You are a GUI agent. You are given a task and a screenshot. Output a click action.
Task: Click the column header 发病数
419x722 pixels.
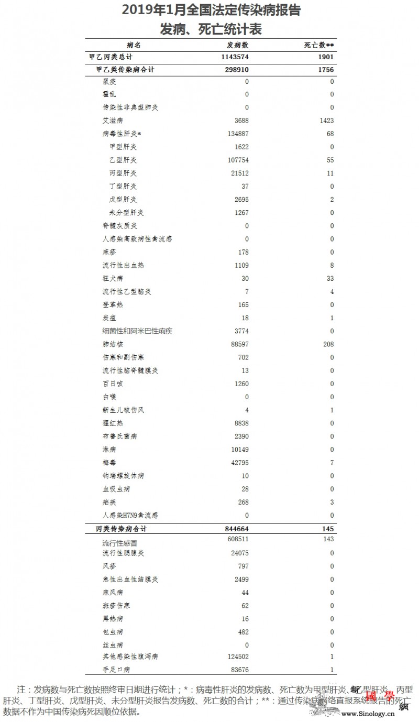(238, 46)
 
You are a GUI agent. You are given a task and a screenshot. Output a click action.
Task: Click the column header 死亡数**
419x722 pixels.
(319, 46)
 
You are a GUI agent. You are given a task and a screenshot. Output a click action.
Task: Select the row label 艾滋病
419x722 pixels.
(113, 121)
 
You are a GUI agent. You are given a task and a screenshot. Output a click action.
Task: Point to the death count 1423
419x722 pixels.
(325, 121)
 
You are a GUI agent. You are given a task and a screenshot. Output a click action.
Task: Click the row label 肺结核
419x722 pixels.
(113, 344)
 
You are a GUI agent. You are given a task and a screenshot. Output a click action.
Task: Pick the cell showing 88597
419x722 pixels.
(238, 344)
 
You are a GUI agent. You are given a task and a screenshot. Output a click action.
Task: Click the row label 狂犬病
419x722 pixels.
(113, 278)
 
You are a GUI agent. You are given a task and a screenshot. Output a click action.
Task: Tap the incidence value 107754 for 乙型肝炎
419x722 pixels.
(236, 160)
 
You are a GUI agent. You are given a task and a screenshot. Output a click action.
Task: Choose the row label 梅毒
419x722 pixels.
(109, 463)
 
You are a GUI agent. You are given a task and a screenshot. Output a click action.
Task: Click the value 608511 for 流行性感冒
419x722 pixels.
(236, 539)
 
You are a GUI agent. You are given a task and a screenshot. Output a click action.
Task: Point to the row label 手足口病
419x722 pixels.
(116, 670)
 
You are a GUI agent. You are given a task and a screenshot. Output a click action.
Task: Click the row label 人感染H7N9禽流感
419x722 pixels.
(130, 516)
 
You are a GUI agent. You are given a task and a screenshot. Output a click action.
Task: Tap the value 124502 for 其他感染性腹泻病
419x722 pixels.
(236, 657)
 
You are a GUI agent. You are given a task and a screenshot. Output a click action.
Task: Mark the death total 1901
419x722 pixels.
(325, 57)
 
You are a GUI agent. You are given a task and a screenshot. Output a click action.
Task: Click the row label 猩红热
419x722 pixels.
(113, 423)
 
